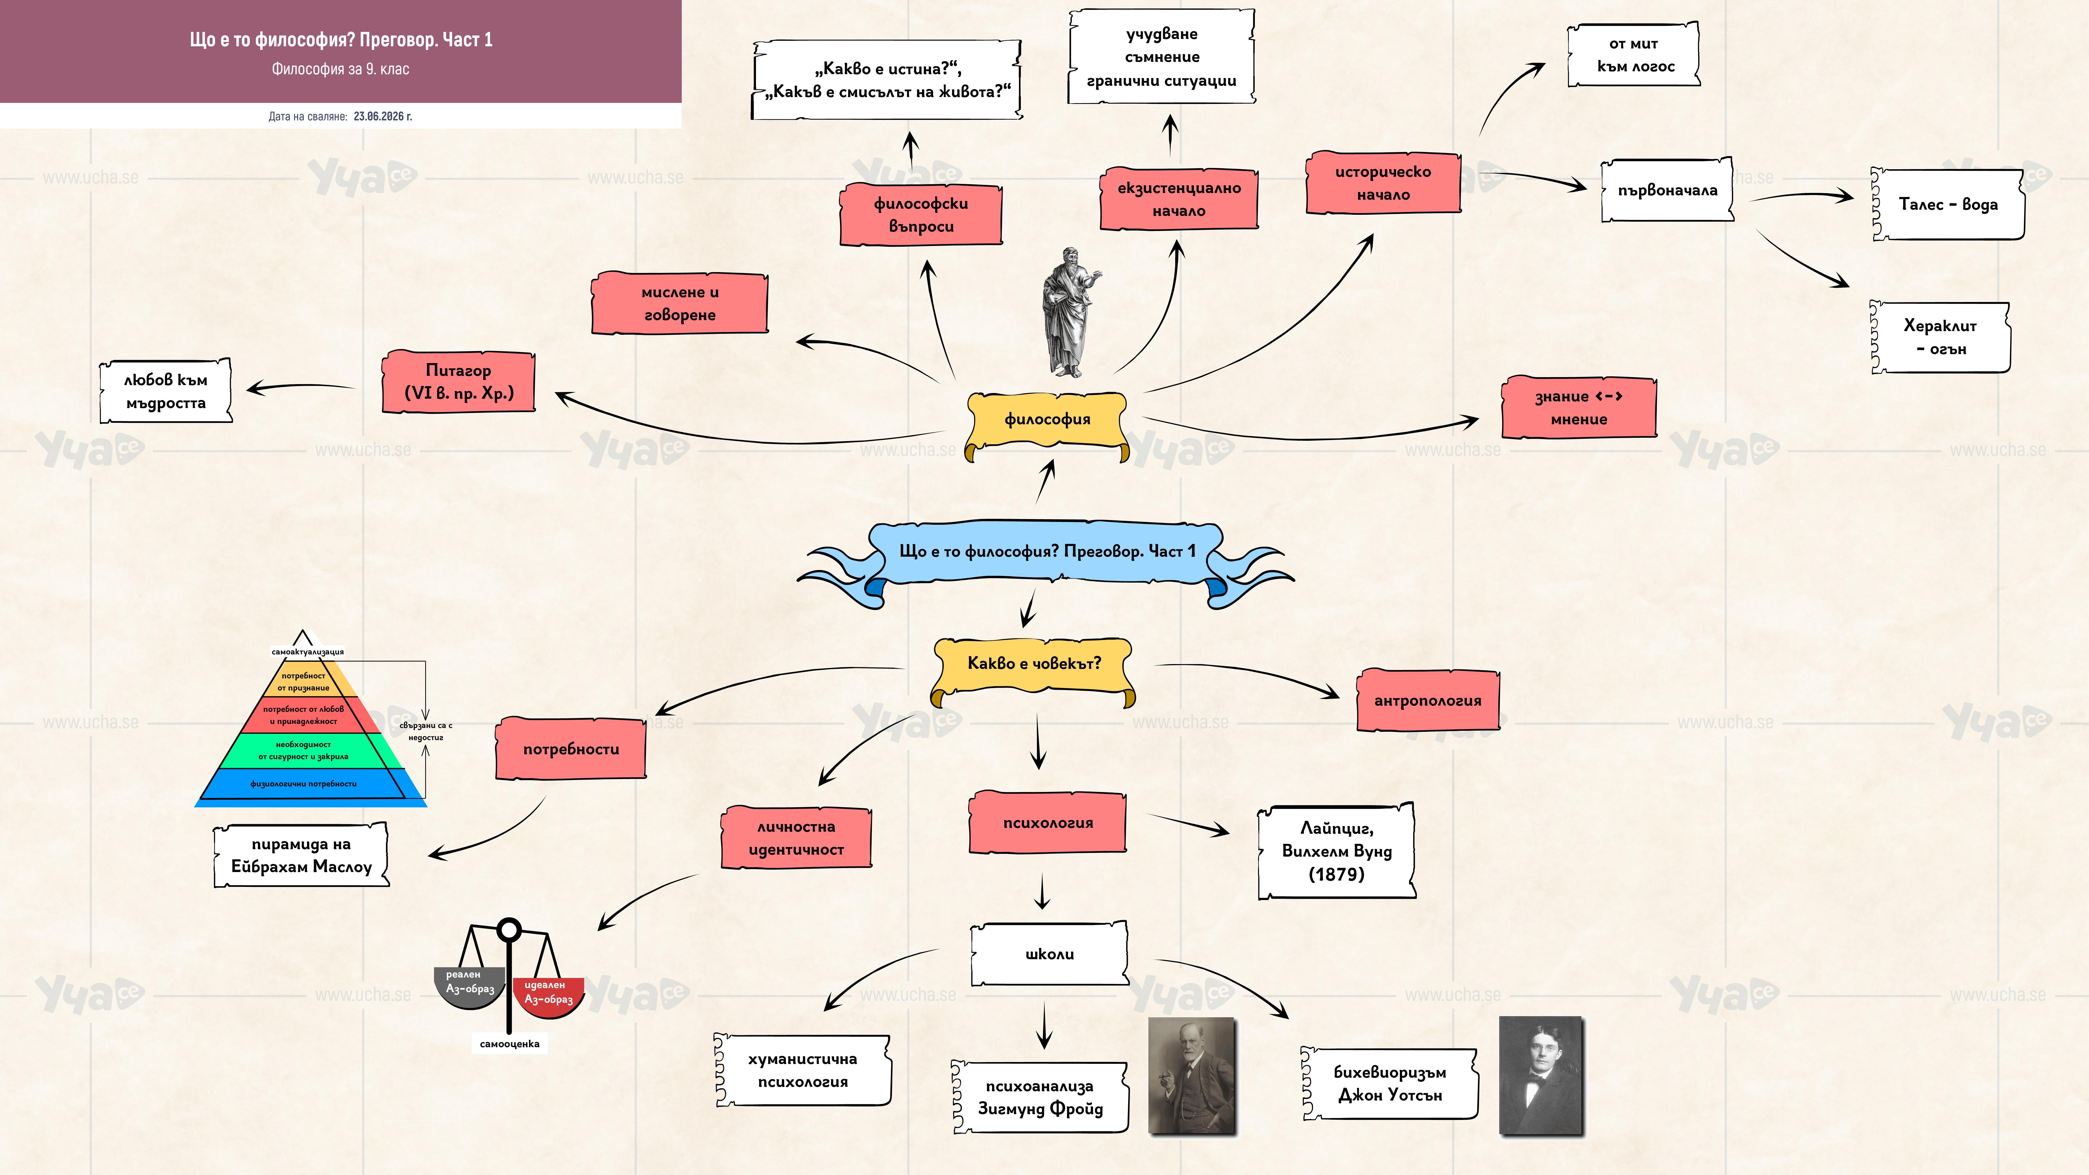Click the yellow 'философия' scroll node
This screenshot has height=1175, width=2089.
click(x=1047, y=422)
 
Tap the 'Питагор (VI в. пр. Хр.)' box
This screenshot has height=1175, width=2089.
click(x=459, y=382)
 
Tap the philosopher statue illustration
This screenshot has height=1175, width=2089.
click(x=1070, y=312)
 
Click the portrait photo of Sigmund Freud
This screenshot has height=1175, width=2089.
click(x=1192, y=1075)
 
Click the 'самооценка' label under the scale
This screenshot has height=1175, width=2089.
click(x=509, y=1044)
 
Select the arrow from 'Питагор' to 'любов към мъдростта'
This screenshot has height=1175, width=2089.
click(x=300, y=387)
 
